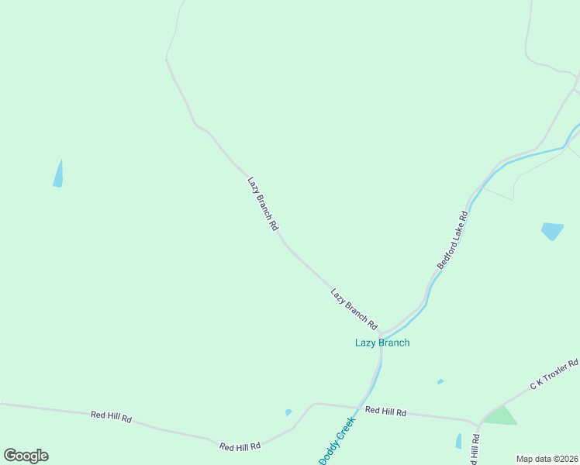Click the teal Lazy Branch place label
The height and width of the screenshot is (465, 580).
[382, 343]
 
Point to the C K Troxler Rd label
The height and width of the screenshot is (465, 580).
[554, 374]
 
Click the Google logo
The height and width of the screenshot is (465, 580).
[26, 456]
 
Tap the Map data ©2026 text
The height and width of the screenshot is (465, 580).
[547, 459]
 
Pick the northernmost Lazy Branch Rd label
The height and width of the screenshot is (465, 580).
[263, 205]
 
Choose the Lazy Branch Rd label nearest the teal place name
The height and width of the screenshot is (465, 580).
[354, 308]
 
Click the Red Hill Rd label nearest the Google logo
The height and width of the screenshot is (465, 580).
[111, 417]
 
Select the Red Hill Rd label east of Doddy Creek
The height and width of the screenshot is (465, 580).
[385, 412]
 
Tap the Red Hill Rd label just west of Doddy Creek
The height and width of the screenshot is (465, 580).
[240, 446]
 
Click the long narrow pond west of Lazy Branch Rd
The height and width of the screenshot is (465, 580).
[58, 174]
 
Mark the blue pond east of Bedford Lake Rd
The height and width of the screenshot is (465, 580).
[552, 230]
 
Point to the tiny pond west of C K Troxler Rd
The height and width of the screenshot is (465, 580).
[440, 381]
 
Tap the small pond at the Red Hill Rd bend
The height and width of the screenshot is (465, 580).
[288, 412]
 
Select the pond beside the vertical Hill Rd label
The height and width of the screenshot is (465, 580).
[458, 441]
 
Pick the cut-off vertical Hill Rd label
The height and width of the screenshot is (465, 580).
[475, 449]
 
